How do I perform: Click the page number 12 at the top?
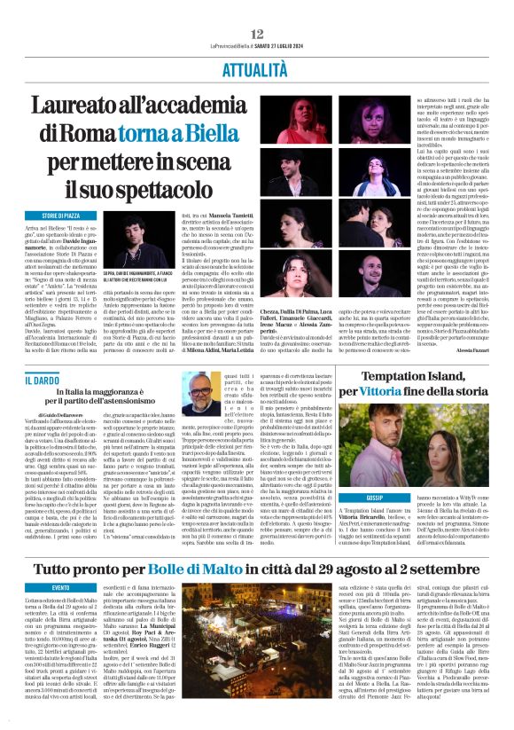[x=257, y=33]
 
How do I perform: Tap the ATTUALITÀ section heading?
[x=256, y=67]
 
